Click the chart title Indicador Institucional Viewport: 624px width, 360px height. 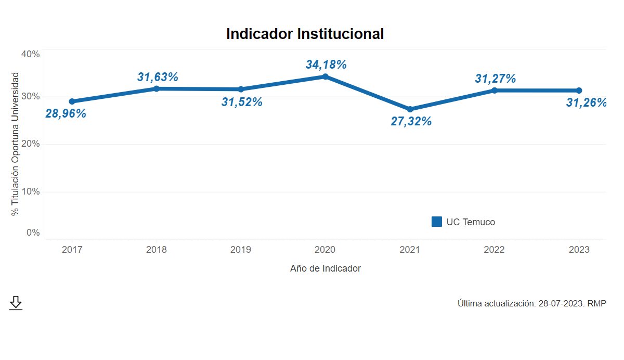click(305, 34)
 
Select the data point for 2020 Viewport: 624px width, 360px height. click(326, 76)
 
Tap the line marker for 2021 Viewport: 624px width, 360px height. click(410, 109)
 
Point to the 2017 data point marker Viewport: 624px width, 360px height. click(72, 101)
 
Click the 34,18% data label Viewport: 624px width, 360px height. click(326, 65)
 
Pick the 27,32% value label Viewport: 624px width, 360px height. click(411, 122)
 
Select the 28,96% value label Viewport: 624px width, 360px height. click(66, 113)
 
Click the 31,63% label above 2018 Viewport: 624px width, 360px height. click(158, 77)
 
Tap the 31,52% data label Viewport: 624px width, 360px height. click(242, 102)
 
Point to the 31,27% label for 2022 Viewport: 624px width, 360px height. click(495, 79)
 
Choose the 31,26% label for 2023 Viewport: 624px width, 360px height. click(587, 102)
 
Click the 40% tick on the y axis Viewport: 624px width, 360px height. click(30, 54)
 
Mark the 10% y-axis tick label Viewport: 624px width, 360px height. click(30, 191)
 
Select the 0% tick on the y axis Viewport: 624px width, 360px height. click(33, 233)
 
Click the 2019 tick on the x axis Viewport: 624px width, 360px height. click(241, 250)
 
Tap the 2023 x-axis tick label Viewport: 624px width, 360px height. click(579, 250)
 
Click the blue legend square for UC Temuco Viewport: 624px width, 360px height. click(437, 222)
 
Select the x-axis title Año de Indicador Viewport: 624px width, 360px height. click(326, 268)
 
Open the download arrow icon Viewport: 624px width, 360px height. click(16, 303)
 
